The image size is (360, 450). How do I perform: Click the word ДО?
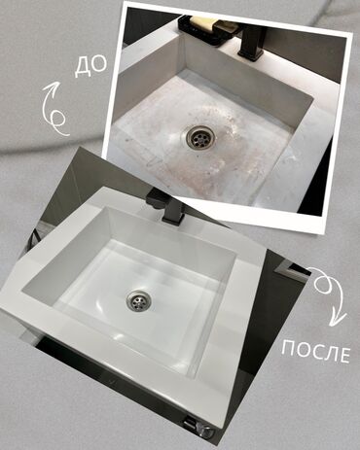point(90,66)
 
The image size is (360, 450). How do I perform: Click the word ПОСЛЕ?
point(315,351)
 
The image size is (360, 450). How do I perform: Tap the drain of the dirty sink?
point(199,137)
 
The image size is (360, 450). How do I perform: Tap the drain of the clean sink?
point(139,300)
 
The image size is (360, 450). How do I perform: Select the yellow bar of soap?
point(203,22)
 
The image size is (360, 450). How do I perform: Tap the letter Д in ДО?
point(83,68)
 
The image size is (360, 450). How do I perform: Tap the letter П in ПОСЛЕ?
point(288,347)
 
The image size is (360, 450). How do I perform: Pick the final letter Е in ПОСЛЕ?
point(344,356)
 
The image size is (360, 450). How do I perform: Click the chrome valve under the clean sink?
point(204,431)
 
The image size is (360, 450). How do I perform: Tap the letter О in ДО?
point(99,64)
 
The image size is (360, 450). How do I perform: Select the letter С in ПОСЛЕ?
point(316,351)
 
